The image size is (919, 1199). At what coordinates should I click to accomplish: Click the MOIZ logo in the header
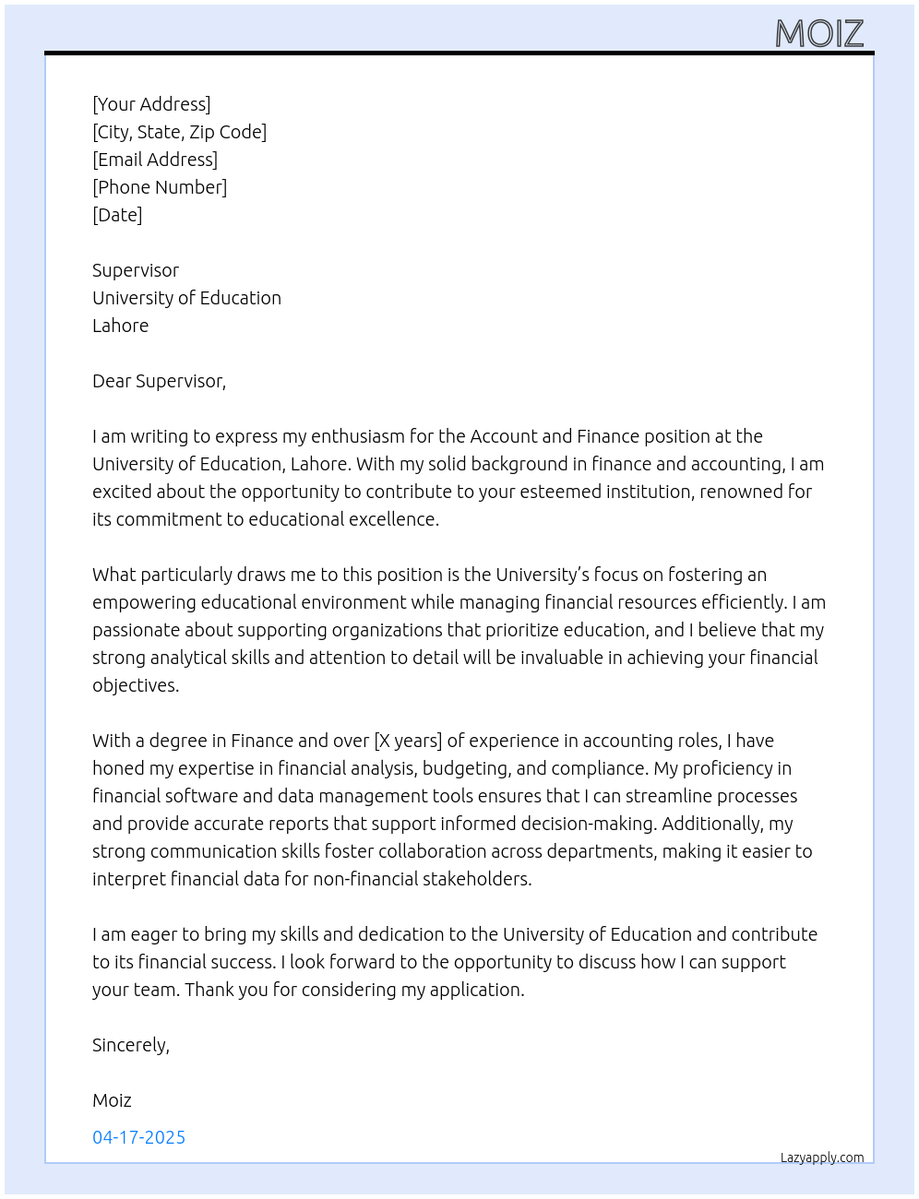(x=819, y=34)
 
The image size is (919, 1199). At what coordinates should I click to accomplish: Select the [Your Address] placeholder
(x=151, y=104)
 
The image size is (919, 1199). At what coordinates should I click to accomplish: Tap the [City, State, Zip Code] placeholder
(x=179, y=132)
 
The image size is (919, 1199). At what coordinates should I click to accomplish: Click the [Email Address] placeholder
(x=155, y=160)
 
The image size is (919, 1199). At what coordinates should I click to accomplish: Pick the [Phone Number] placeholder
(x=160, y=187)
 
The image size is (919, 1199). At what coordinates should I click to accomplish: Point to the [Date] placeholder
(x=117, y=215)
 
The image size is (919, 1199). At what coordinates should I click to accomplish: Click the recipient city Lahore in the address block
(x=120, y=326)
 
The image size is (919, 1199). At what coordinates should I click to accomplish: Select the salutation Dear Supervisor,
(x=159, y=381)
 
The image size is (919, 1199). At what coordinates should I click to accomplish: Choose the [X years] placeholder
(x=408, y=741)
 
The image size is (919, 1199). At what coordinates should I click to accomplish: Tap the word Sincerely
(x=130, y=1045)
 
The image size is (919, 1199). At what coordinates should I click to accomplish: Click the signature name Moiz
(x=112, y=1100)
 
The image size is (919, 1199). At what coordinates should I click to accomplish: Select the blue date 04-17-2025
(x=138, y=1137)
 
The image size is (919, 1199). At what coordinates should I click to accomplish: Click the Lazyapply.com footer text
(x=822, y=1157)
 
